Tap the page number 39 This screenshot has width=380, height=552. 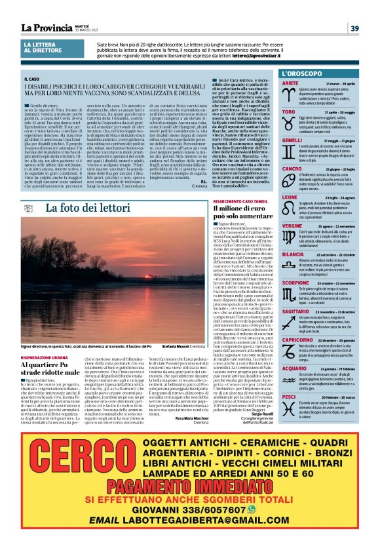354,28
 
